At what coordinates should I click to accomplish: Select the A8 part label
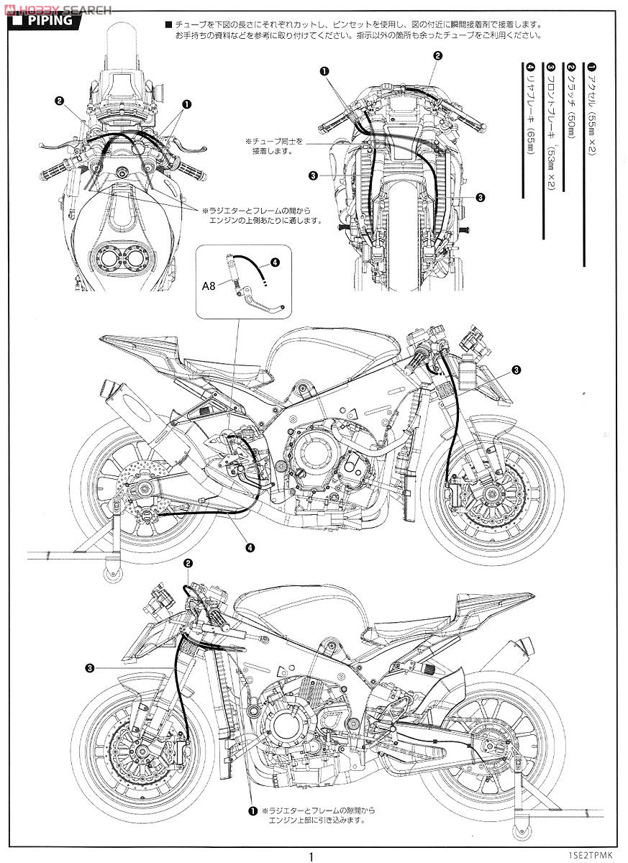click(208, 286)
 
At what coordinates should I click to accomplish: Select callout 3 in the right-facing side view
click(516, 370)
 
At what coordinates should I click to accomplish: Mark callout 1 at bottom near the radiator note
click(252, 811)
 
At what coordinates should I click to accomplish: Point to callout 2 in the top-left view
click(59, 101)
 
